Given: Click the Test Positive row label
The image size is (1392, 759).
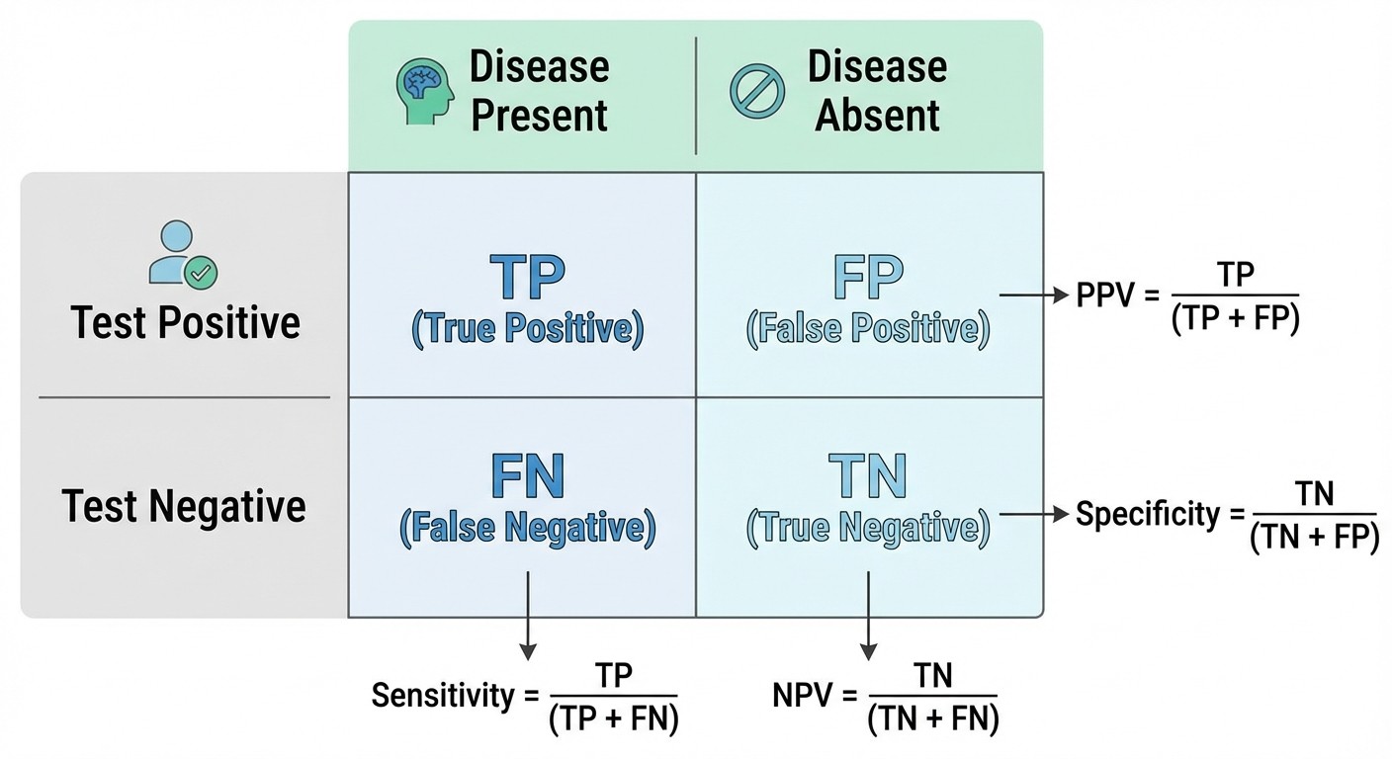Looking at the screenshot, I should (185, 323).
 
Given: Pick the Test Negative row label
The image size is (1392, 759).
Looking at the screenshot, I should (185, 506).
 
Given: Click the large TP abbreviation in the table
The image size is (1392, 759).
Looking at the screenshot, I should (527, 278).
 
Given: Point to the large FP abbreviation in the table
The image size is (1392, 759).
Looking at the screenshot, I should (867, 278).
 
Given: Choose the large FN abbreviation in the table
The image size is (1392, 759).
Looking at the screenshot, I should (527, 476).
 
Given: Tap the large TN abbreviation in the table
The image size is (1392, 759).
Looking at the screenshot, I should (867, 476).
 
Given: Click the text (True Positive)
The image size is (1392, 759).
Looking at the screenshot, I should (527, 329).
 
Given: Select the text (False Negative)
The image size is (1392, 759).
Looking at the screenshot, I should (527, 529).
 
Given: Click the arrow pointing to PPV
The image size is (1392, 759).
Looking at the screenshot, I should (1032, 295).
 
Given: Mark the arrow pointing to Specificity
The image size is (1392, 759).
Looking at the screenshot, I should (1032, 514).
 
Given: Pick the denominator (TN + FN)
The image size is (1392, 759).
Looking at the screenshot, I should (933, 719).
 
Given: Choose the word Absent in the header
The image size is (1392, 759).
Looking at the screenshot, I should (877, 116).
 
